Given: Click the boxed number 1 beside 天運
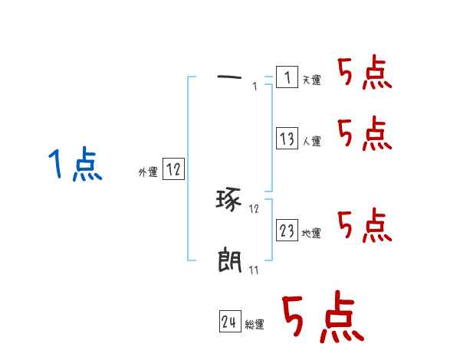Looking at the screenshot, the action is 286,77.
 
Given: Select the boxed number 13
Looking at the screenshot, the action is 287,139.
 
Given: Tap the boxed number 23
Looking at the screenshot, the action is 287,231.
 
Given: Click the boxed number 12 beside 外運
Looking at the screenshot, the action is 173,169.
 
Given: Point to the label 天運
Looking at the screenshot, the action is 312,80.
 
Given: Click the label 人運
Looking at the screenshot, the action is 312,142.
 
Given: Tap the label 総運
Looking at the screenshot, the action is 255,325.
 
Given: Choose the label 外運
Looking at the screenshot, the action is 147,172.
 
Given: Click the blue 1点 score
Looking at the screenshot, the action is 74,165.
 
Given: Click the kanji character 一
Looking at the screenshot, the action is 229,77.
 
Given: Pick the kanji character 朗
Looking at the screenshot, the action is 229,261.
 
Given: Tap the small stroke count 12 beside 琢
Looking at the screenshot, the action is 254,208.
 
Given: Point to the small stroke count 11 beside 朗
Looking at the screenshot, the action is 253,270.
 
